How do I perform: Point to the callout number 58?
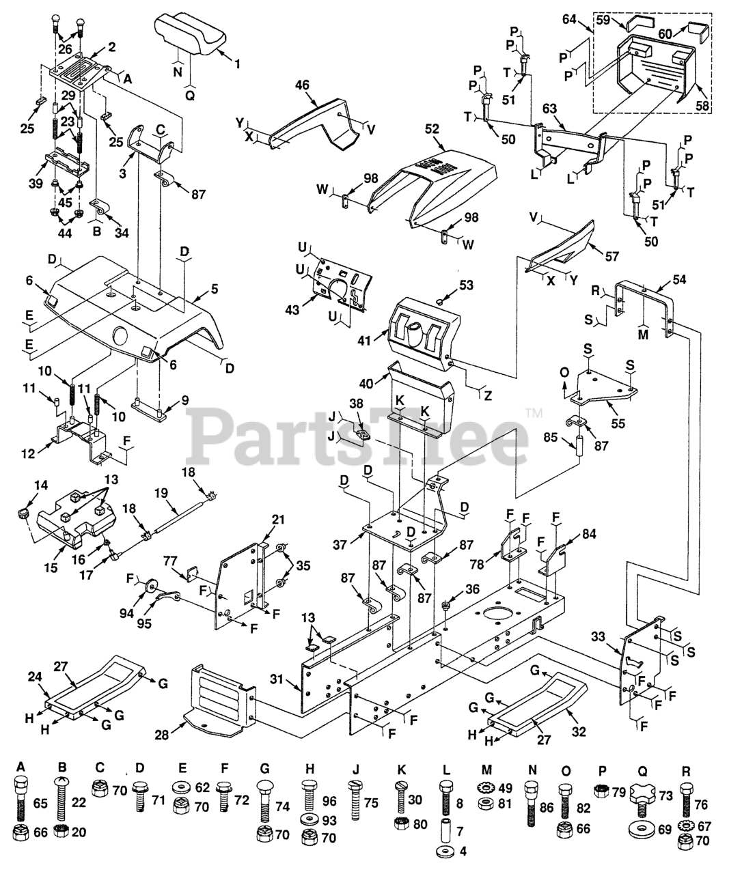(x=702, y=106)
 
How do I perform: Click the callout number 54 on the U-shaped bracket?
(x=679, y=280)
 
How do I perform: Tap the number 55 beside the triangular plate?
(x=618, y=423)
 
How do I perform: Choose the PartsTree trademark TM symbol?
(x=534, y=412)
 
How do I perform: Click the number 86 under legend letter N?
(x=545, y=806)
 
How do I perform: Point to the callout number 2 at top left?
(x=111, y=48)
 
